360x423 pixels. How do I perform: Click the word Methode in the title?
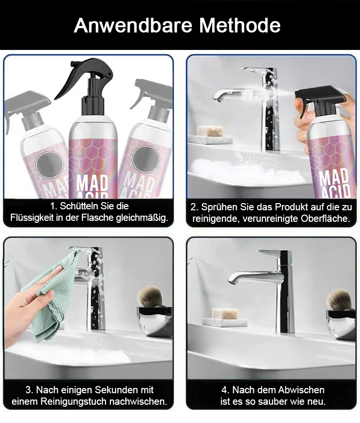(x=240, y=25)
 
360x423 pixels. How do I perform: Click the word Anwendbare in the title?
(x=133, y=25)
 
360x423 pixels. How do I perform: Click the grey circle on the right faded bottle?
(x=146, y=159)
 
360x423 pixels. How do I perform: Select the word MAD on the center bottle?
(x=92, y=183)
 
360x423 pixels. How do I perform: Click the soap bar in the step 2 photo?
(x=210, y=131)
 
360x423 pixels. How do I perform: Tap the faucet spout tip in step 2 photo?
(x=216, y=97)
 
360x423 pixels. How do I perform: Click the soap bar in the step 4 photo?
(x=225, y=314)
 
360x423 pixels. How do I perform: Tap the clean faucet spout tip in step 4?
(x=232, y=280)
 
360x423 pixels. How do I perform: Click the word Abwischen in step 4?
(x=301, y=390)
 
